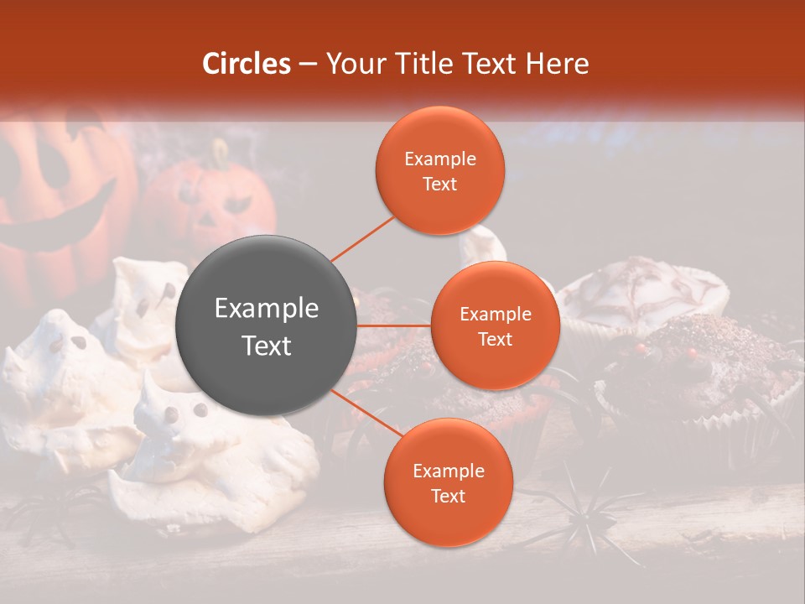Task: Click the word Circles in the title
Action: coord(247,64)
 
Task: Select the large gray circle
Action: coord(267,326)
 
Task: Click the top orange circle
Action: coord(440,170)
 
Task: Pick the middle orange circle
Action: coord(495,325)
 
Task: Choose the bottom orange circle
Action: coord(448,483)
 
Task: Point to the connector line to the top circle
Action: coord(362,237)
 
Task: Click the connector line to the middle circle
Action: coord(394,325)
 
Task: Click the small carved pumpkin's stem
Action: coord(221,153)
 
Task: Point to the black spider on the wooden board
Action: coord(579,512)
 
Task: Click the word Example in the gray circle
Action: coord(267,309)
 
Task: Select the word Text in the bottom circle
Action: coord(448,497)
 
